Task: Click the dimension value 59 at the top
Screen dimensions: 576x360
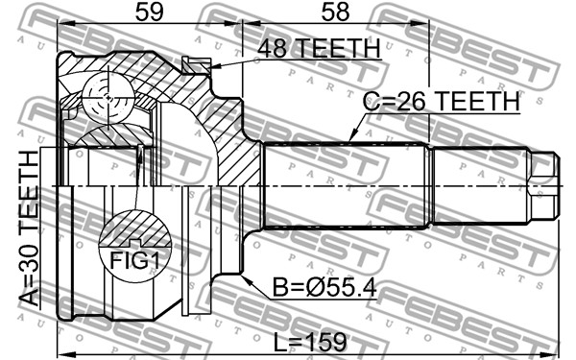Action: click(149, 12)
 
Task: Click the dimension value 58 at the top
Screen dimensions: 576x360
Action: click(335, 12)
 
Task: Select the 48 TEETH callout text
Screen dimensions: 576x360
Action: click(319, 48)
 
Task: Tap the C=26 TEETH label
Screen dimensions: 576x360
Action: click(441, 101)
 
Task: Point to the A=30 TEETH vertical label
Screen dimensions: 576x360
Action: click(29, 228)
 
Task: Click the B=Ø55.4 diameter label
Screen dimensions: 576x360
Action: click(324, 287)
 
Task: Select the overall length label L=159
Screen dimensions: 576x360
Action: click(310, 342)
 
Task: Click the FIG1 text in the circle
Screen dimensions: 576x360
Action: click(134, 261)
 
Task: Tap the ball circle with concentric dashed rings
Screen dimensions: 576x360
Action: click(108, 98)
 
